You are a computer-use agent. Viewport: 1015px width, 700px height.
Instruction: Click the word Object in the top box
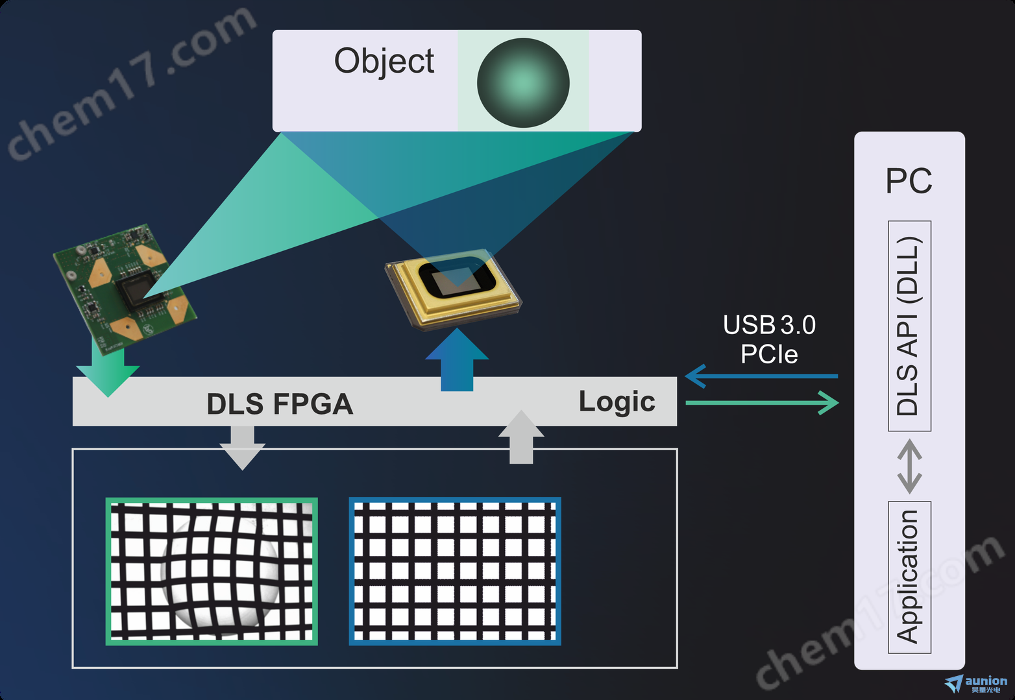pos(384,62)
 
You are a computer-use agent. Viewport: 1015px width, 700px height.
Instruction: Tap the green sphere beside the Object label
pos(523,82)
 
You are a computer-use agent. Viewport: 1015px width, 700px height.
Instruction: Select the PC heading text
pos(909,181)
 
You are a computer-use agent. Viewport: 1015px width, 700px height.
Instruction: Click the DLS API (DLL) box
pos(909,326)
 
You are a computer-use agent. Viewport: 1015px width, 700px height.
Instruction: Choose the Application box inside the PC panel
pos(909,577)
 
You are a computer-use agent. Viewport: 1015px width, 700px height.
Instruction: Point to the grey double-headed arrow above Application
pos(909,466)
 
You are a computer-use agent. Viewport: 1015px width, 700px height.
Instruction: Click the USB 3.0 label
pos(769,325)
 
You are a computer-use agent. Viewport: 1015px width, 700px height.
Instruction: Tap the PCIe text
pos(769,354)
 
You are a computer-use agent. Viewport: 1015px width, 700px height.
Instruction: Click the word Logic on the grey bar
pos(617,402)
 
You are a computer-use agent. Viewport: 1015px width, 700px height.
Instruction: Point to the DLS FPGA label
pos(280,404)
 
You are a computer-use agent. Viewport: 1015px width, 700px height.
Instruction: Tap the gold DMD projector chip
pos(454,285)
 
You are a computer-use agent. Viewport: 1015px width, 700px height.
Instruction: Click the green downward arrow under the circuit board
pos(107,372)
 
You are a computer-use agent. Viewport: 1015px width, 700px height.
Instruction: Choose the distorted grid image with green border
pos(212,572)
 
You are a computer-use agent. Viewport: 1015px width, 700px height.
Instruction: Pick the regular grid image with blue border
pos(455,572)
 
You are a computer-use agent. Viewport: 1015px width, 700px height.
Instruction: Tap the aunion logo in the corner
pos(977,683)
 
